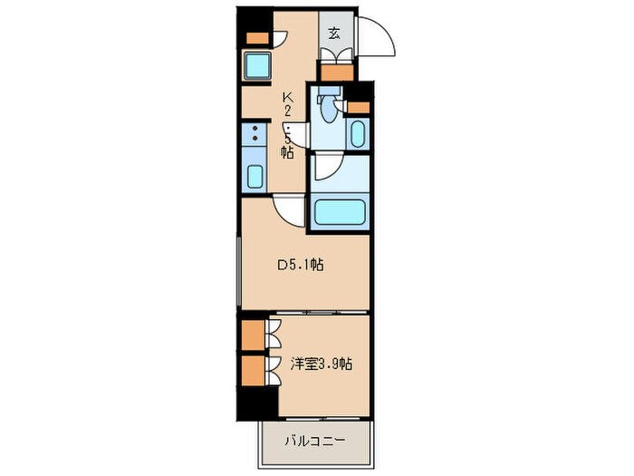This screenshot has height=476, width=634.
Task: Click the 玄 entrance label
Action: coord(334,34)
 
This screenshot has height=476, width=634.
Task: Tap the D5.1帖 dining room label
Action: coord(301,266)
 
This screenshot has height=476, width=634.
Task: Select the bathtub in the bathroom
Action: coord(337,214)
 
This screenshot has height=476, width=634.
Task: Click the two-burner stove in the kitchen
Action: coord(254,138)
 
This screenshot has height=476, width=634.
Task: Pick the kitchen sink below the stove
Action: coord(255,176)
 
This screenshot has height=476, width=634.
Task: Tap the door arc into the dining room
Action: coord(291,212)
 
